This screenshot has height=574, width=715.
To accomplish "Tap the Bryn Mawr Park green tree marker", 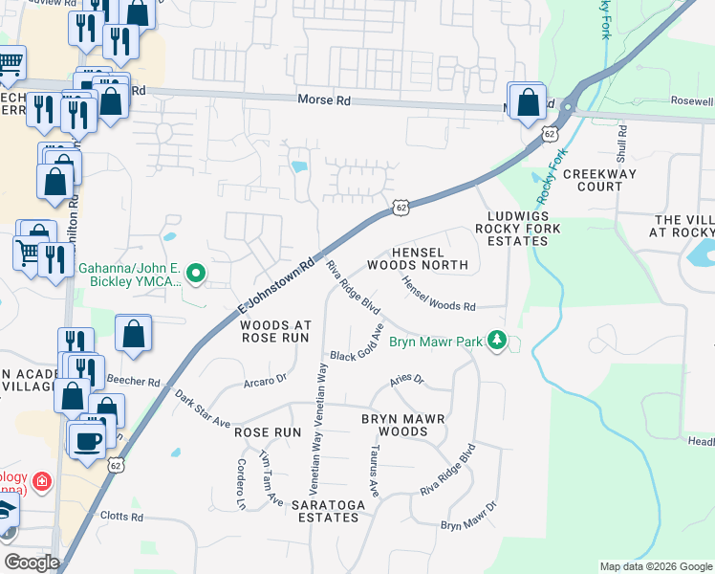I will (x=496, y=340).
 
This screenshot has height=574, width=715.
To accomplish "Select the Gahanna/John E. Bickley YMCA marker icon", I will (x=196, y=275).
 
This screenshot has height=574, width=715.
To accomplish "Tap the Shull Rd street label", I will (x=622, y=143).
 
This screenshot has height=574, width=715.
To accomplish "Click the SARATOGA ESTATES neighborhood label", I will (x=313, y=510).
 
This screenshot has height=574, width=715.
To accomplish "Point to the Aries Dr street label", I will (x=406, y=381).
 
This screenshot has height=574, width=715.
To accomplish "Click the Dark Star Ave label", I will (x=202, y=408).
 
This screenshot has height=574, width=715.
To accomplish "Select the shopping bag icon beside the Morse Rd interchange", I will (x=527, y=100).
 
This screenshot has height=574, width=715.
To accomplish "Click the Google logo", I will (x=32, y=563).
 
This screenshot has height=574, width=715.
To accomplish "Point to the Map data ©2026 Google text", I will (x=655, y=566).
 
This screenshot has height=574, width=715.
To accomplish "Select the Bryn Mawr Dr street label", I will (x=469, y=518).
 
